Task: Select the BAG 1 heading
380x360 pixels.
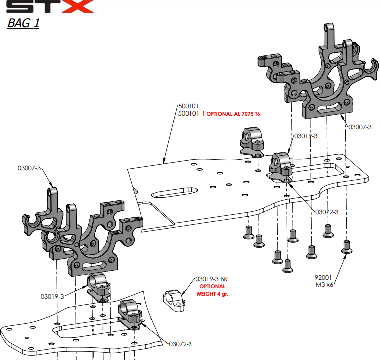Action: (x=23, y=24)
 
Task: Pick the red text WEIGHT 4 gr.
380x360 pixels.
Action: (x=213, y=294)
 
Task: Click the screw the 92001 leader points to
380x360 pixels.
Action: (x=346, y=246)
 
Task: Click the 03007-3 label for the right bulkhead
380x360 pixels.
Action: (x=360, y=127)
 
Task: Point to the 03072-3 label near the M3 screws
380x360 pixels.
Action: (x=327, y=212)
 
